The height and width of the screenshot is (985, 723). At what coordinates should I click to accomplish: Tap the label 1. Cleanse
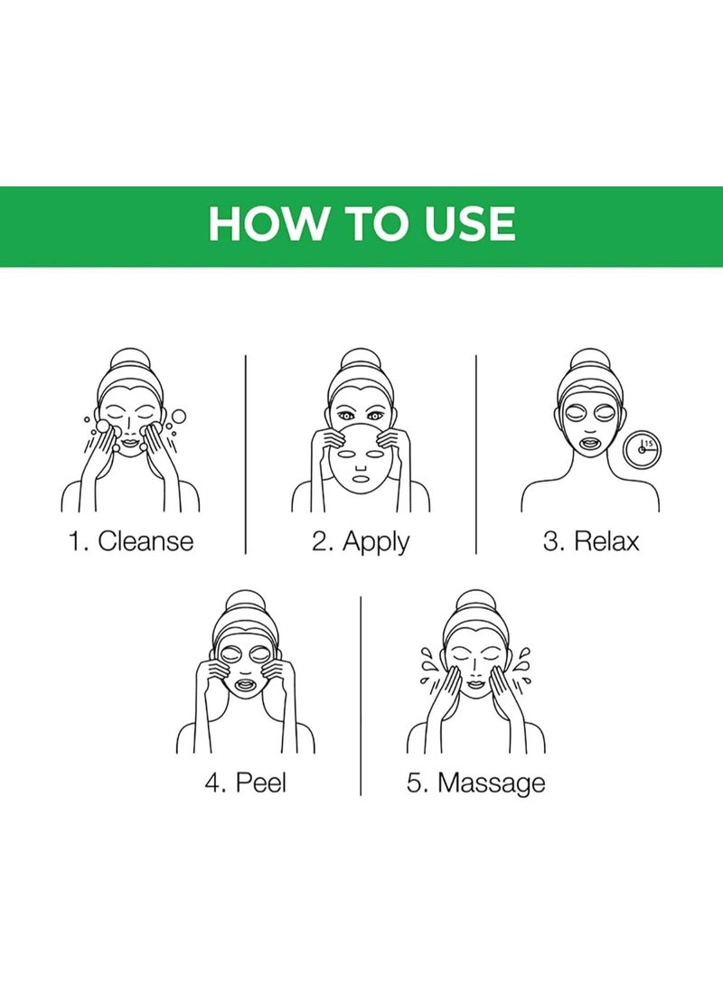click(131, 541)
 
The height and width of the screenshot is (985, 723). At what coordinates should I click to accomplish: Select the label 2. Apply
click(361, 541)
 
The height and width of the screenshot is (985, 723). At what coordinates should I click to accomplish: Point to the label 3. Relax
click(591, 541)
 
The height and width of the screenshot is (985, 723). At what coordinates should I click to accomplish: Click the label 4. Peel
click(245, 782)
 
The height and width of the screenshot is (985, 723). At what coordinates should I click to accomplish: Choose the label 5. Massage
click(476, 782)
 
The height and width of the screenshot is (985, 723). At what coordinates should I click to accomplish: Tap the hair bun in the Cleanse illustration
click(132, 359)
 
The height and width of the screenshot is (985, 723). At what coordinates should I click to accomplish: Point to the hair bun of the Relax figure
click(591, 359)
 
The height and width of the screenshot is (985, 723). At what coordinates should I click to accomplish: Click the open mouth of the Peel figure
click(246, 686)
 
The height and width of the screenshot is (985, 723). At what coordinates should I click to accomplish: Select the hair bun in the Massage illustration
click(476, 601)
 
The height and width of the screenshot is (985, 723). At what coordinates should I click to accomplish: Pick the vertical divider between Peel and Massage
click(361, 696)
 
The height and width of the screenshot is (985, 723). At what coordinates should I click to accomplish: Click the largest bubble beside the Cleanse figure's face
click(178, 417)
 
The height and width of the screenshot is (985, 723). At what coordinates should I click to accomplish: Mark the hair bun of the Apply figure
click(361, 359)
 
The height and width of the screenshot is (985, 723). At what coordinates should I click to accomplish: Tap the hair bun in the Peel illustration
click(246, 601)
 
